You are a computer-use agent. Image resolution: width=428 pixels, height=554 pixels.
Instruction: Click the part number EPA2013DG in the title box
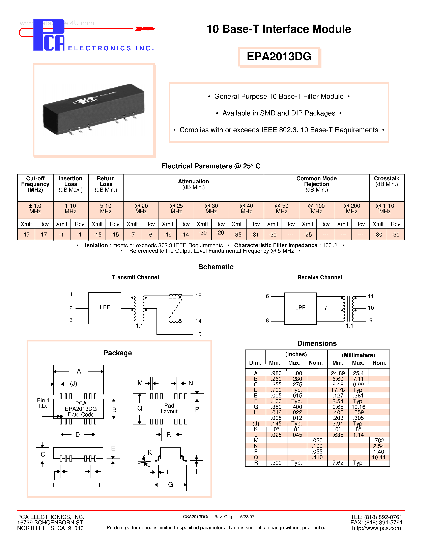(x=279, y=56)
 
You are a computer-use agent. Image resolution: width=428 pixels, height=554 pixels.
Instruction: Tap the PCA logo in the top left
(x=49, y=35)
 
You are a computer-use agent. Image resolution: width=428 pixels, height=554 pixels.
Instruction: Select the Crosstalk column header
(x=387, y=181)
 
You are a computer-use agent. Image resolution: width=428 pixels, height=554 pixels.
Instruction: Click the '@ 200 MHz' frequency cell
(x=351, y=209)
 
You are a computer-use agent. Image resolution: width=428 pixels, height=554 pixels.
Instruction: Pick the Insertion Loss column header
(x=70, y=184)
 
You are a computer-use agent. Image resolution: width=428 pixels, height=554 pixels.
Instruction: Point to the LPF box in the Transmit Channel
(x=105, y=308)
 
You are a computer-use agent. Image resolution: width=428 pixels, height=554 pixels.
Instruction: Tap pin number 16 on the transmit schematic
(x=198, y=296)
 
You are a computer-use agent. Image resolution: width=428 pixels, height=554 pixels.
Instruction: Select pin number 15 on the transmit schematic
(x=198, y=334)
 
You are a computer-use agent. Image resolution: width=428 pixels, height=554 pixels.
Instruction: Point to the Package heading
(x=118, y=353)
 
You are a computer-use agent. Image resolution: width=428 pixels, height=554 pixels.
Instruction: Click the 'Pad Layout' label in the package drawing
(x=169, y=408)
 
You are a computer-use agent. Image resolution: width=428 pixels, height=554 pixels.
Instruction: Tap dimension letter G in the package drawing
(x=170, y=485)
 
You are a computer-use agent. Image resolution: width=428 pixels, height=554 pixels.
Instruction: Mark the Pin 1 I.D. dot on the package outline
(x=61, y=416)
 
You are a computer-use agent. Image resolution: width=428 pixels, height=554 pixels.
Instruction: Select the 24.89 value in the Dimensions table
(x=338, y=373)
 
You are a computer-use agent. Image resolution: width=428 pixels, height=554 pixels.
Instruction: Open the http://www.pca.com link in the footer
(x=376, y=528)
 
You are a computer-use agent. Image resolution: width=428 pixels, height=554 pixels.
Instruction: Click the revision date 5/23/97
(x=247, y=517)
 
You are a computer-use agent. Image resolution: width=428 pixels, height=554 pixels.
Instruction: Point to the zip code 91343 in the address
(x=76, y=528)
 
